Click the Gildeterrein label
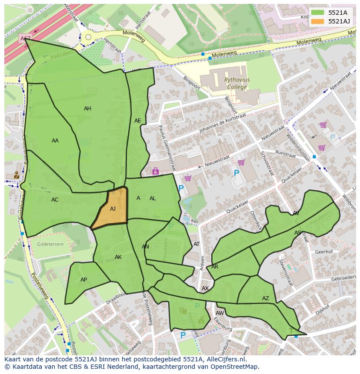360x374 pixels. coord(50,244)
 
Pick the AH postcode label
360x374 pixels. coord(87,109)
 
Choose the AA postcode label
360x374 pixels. coord(55,141)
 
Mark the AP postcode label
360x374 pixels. coord(83,280)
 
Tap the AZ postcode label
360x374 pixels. coord(265,298)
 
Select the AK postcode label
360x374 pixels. coord(118,257)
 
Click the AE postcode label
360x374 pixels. coord(137,121)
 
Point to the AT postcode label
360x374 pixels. coord(197,244)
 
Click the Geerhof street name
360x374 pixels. coord(323,252)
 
